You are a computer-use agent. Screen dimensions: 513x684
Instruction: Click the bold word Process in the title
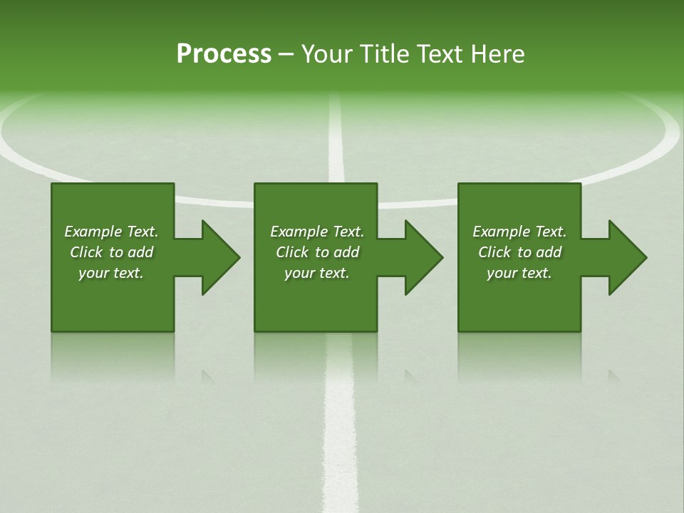224,54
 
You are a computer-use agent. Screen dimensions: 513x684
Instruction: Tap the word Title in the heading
383,54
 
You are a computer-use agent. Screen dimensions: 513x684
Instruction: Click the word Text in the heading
441,54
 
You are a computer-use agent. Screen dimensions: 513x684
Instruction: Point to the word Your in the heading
326,54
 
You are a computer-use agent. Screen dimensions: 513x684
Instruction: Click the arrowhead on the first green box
220,257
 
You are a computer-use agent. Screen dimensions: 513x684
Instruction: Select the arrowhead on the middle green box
423,257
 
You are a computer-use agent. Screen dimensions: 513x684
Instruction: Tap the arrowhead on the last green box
627,257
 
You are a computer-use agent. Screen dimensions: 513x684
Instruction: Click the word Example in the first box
94,232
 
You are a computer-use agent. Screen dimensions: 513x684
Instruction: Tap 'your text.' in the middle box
316,273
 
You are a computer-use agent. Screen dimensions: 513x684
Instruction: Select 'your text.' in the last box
519,273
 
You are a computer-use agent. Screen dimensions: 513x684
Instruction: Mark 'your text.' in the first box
110,273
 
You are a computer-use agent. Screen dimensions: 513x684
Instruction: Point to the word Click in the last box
494,252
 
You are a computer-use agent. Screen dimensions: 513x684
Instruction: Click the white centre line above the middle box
336,142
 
